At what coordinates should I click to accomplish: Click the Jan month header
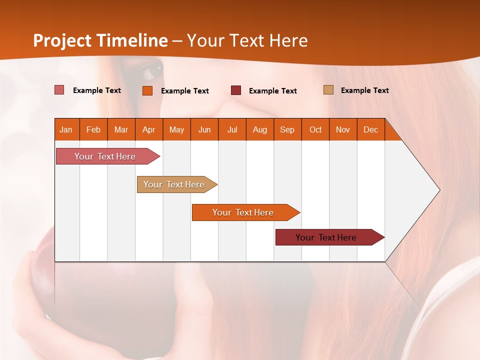pos(66,129)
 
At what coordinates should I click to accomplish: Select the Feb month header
pos(93,129)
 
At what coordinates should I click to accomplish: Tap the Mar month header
pos(121,129)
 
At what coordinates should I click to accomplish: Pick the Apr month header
pos(149,129)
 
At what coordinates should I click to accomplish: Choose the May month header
pos(176,129)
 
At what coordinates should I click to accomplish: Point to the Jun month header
pos(204,129)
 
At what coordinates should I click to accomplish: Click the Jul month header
pos(232,129)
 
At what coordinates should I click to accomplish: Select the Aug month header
pos(260,129)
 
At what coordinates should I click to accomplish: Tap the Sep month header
pos(287,129)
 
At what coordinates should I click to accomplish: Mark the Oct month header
pos(315,129)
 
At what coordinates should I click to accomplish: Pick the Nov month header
pos(343,129)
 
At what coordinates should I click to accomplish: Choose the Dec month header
pos(371,129)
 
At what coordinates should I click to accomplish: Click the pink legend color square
pos(59,90)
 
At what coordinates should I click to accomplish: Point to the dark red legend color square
pos(236,90)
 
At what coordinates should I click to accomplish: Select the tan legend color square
pos(328,90)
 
